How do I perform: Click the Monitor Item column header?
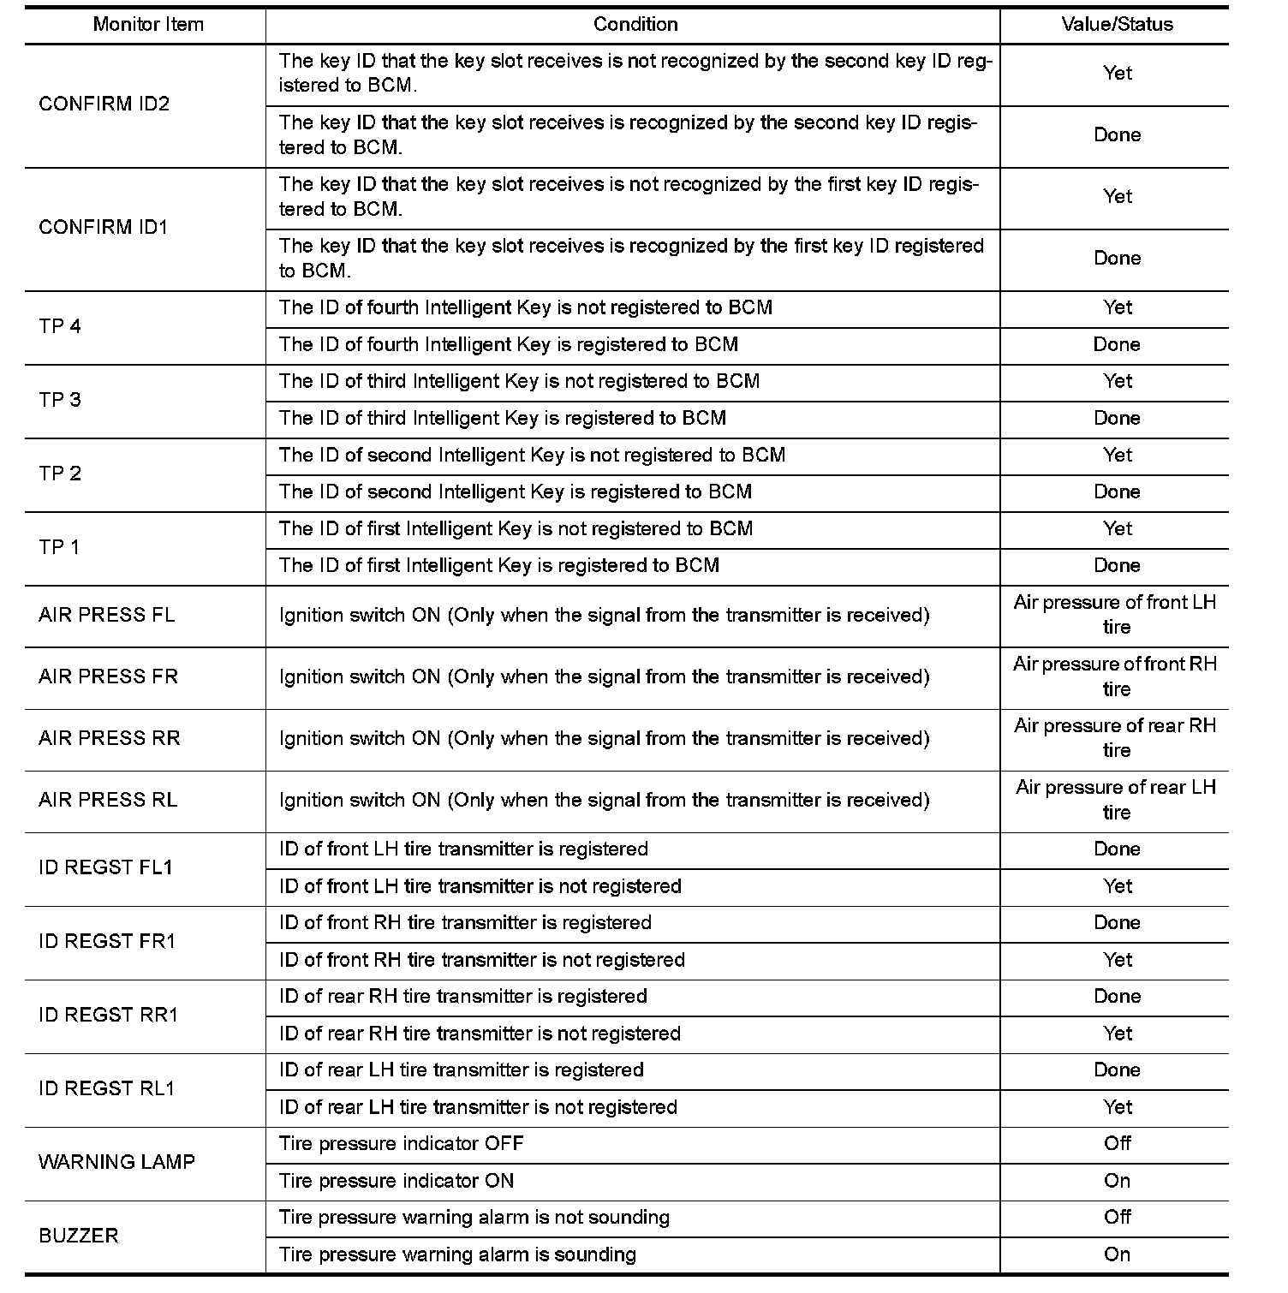(148, 25)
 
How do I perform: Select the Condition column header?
(635, 25)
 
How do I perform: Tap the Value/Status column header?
(1117, 25)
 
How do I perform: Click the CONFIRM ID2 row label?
(104, 104)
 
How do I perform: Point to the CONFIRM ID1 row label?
(104, 228)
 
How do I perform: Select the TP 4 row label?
(60, 326)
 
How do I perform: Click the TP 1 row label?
(59, 547)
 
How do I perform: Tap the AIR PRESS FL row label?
(106, 616)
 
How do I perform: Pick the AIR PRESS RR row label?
(109, 739)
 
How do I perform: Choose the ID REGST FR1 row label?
(107, 942)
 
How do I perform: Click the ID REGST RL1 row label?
(106, 1089)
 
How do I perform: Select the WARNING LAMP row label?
(116, 1163)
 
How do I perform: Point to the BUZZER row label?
(79, 1236)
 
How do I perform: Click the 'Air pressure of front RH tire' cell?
(1115, 676)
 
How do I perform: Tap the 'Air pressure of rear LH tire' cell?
(1115, 800)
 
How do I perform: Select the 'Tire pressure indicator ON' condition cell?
(397, 1182)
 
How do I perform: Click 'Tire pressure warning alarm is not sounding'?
(474, 1218)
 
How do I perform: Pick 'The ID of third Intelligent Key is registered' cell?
(503, 419)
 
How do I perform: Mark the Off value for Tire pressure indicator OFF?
(1117, 1144)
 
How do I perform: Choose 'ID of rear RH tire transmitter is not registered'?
(480, 1034)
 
